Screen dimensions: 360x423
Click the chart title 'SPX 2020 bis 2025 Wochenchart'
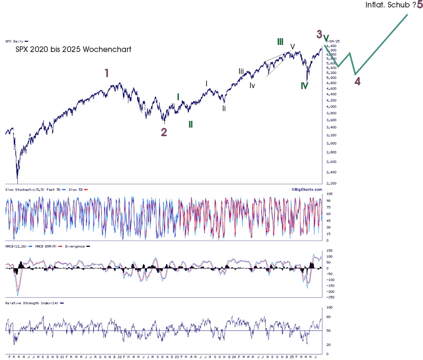click(73, 50)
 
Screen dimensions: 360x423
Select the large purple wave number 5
click(419, 5)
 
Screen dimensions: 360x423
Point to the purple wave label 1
click(106, 73)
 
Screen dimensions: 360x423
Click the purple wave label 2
click(164, 132)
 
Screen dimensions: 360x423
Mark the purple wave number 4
click(358, 81)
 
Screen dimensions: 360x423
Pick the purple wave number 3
click(319, 34)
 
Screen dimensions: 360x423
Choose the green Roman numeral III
click(280, 42)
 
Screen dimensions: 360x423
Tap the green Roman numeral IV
click(304, 86)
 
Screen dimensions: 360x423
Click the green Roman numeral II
click(190, 124)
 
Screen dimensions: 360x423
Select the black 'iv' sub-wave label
click(252, 86)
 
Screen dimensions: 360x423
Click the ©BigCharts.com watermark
click(307, 190)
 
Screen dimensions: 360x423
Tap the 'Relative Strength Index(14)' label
click(32, 303)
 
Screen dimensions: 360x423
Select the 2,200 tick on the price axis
click(331, 184)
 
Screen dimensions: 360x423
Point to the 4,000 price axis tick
click(331, 107)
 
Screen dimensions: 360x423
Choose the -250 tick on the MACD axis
click(330, 297)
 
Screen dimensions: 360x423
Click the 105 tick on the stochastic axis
click(329, 194)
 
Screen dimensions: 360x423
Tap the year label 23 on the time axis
click(177, 357)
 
